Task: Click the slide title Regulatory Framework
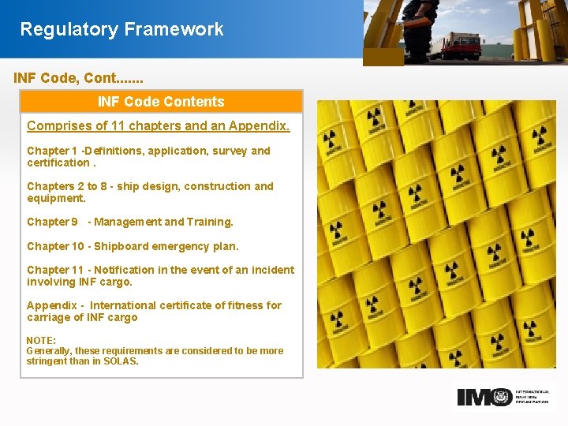(x=121, y=30)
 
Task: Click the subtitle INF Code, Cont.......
(x=78, y=79)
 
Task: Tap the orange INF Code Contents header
(x=161, y=102)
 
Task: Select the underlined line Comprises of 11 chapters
(x=158, y=126)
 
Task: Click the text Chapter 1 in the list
(x=52, y=151)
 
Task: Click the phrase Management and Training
(x=163, y=222)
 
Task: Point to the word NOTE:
(x=41, y=341)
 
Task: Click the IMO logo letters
(x=484, y=397)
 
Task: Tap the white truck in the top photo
(x=456, y=44)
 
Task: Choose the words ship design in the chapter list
(x=149, y=186)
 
